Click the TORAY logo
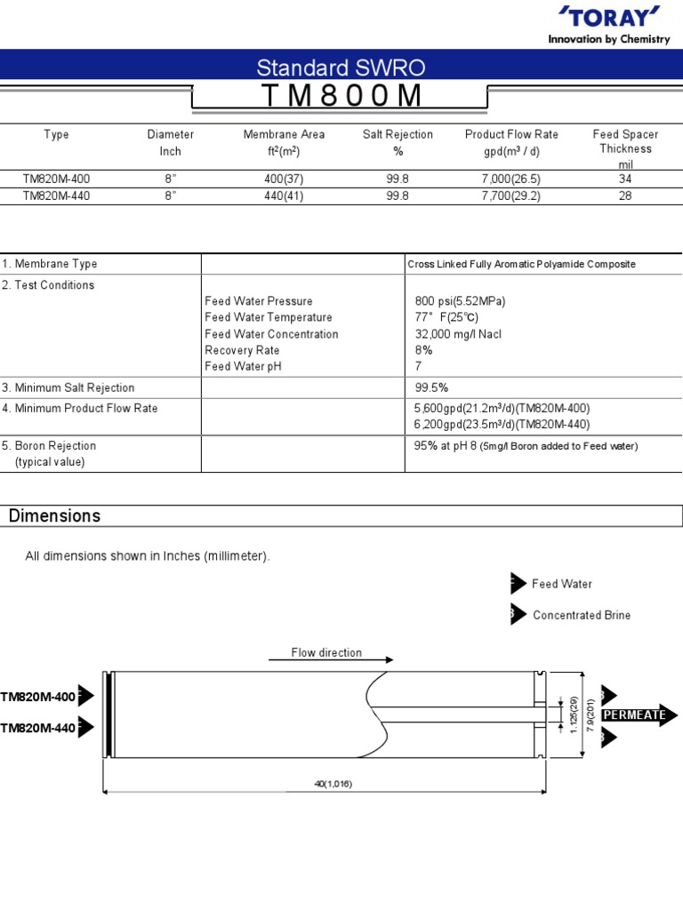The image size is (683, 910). [x=611, y=17]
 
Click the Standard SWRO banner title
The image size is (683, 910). [x=341, y=67]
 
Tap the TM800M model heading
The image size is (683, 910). [x=341, y=96]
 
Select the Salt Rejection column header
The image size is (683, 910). [x=398, y=134]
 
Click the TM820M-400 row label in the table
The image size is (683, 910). [x=56, y=179]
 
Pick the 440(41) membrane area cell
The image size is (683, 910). [x=284, y=196]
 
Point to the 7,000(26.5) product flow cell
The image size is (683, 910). [x=511, y=179]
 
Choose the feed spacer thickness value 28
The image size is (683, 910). [x=625, y=196]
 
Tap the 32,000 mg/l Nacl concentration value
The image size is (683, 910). [x=465, y=334]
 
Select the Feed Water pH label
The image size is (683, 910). [x=243, y=366]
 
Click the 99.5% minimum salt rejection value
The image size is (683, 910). [x=431, y=387]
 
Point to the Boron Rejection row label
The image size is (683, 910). [x=50, y=445]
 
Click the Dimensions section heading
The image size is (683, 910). [x=54, y=516]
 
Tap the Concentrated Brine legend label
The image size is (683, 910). [x=582, y=615]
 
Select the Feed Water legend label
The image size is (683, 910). [x=562, y=584]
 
